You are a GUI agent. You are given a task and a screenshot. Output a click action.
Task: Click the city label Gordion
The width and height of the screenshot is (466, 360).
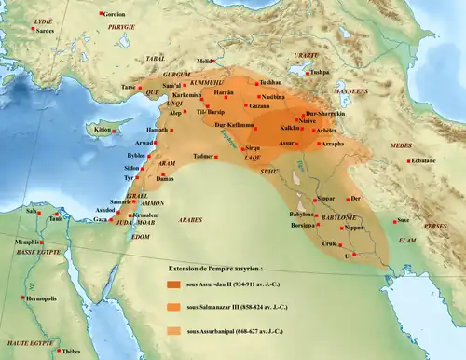coord(114,14)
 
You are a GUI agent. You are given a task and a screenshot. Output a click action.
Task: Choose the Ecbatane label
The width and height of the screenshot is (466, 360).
coord(424,161)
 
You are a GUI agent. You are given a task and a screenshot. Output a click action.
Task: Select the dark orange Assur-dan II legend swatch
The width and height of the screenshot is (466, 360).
coord(174,284)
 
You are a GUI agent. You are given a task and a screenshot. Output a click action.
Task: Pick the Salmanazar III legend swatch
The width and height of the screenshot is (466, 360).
coord(174,306)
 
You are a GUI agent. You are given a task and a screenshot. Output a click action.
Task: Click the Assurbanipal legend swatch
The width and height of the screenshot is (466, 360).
coord(174,330)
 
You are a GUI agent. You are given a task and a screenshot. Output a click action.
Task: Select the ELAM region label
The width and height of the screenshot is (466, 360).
coord(408,240)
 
